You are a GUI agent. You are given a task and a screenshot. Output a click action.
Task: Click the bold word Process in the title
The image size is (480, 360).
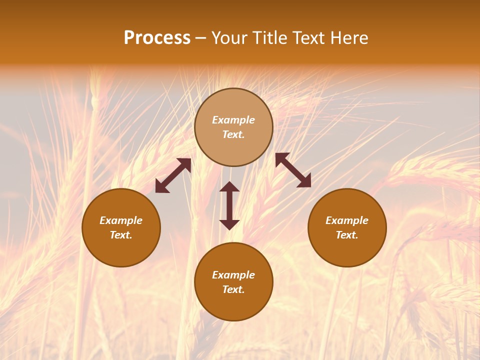[x=157, y=38]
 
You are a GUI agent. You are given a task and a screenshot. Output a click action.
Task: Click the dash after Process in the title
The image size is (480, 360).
[x=201, y=39]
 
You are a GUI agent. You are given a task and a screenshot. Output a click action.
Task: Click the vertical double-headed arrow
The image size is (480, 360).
[x=229, y=205]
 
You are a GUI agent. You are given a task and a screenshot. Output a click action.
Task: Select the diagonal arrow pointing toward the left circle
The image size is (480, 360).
[x=173, y=175]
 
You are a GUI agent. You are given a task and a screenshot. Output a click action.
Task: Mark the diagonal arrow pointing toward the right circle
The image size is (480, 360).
[x=293, y=170]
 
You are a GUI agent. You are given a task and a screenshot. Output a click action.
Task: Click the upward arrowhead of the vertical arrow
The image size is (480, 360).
[x=229, y=187]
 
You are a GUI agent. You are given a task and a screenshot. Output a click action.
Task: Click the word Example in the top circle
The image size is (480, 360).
[x=233, y=120]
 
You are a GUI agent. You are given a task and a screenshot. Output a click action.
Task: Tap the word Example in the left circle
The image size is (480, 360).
[x=121, y=220]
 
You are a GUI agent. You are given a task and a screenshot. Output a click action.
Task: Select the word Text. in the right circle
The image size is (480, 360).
[x=347, y=235]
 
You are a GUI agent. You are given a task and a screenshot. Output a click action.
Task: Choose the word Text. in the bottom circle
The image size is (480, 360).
[x=233, y=289]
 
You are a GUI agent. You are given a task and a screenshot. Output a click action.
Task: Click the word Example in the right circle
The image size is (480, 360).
[x=347, y=220]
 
